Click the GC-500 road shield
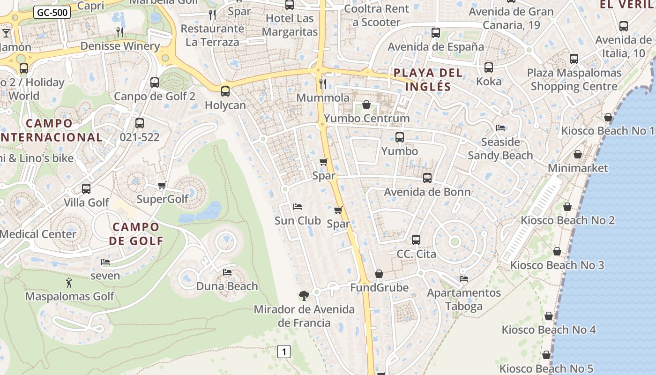coord(52,13)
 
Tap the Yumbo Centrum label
coord(367,118)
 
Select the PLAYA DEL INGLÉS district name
coord(428,80)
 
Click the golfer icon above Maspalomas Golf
coord(69,283)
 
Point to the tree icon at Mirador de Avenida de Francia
coord(304,295)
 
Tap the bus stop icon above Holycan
coord(225,91)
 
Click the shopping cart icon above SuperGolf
coord(162,185)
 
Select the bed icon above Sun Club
coord(298,207)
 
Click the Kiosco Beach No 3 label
coord(557,265)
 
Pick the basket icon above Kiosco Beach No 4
coord(549,316)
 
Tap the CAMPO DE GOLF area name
coord(136,234)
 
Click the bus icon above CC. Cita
coord(416,240)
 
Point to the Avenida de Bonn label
coord(427,192)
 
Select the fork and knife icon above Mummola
coord(322,84)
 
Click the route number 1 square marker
coord(284,351)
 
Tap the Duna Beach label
coord(227,286)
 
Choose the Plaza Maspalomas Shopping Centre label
coord(574,80)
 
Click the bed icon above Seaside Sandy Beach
coord(500,128)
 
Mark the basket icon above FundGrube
coord(379,274)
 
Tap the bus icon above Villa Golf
coord(86,189)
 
